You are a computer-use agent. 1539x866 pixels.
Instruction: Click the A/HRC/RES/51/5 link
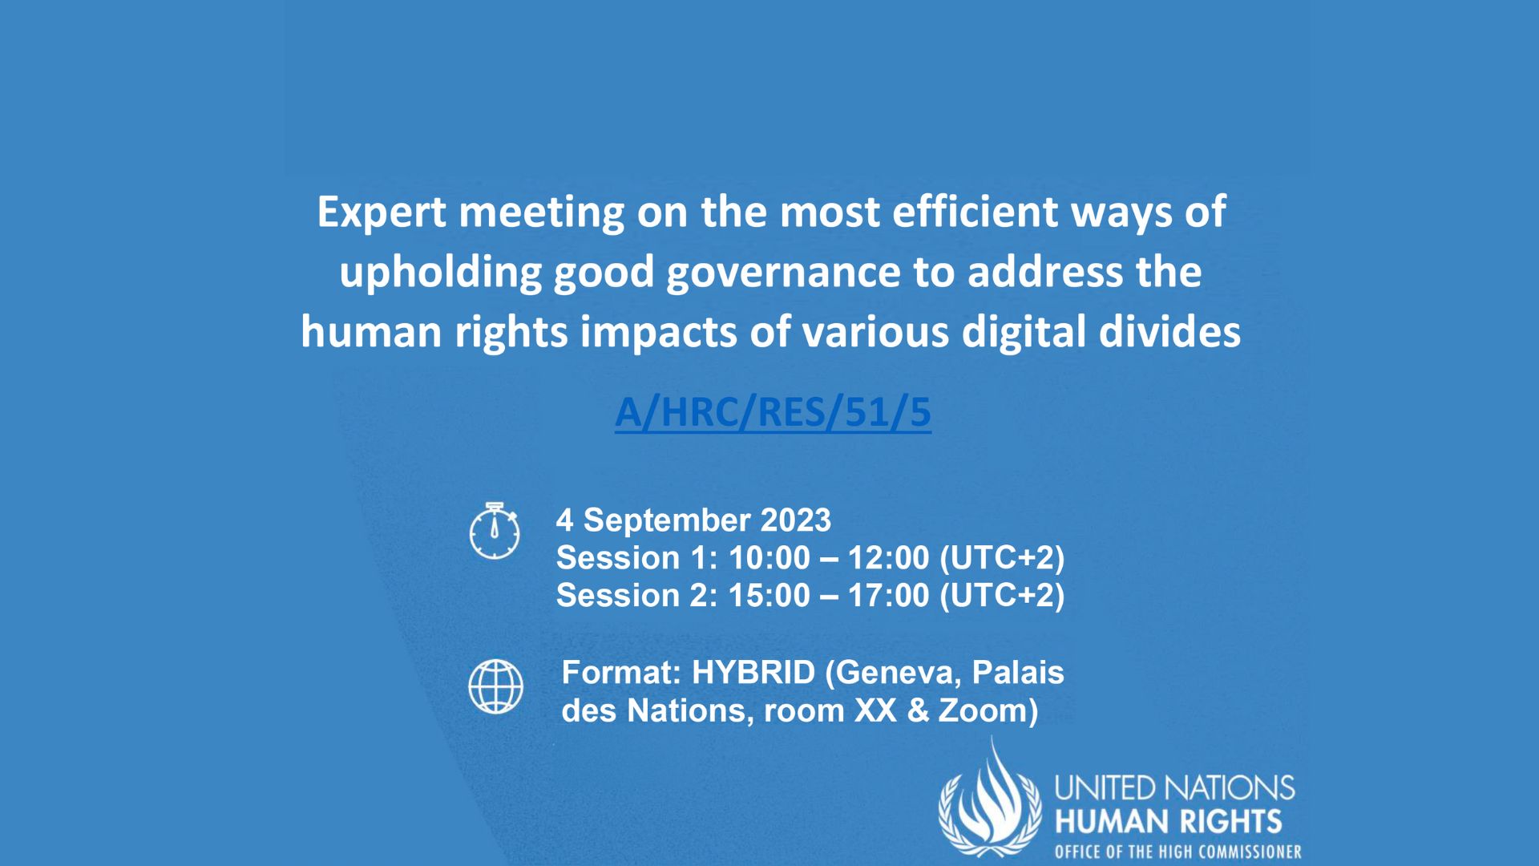pos(773,412)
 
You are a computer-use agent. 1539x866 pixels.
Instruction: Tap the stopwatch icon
pos(494,531)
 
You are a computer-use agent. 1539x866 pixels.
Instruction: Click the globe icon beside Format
pos(495,686)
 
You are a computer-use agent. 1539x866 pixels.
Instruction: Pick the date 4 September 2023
pos(693,520)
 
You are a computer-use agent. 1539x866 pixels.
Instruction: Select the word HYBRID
pos(753,673)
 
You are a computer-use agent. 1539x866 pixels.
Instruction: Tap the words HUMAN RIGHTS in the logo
pos(1167,822)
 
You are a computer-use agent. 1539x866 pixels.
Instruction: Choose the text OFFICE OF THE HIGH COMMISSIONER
pos(1177,852)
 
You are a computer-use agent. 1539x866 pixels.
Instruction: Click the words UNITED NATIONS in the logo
pos(1174,788)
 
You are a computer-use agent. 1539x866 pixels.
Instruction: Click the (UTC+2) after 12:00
pos(1002,558)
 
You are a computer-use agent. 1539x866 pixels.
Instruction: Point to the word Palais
pos(1018,673)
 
